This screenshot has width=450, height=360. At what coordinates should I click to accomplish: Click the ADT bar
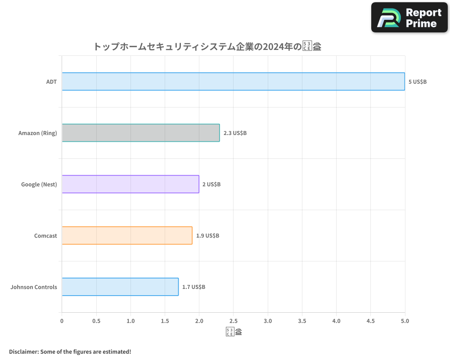click(x=233, y=81)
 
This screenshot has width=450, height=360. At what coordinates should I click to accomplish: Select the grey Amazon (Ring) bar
click(x=141, y=133)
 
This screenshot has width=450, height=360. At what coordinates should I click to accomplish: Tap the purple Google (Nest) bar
click(x=130, y=184)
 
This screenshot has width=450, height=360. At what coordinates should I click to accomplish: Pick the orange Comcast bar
click(x=127, y=235)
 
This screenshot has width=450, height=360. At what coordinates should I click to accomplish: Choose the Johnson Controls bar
click(x=120, y=287)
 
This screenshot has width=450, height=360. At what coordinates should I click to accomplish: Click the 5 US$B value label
click(x=418, y=82)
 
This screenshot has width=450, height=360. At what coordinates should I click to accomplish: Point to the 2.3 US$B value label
click(x=235, y=133)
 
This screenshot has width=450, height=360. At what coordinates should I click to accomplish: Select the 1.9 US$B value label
click(x=207, y=236)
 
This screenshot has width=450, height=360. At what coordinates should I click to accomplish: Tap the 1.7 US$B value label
click(x=193, y=287)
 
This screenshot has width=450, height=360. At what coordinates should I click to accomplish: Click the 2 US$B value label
click(x=211, y=184)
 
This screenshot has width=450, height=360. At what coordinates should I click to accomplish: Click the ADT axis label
click(x=51, y=82)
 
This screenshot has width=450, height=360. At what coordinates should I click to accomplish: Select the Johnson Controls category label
click(x=34, y=287)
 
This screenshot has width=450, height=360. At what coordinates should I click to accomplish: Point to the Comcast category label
click(x=45, y=236)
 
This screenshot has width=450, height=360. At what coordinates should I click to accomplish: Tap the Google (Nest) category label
click(x=39, y=184)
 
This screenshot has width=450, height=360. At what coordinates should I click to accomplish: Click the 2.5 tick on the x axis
click(x=233, y=321)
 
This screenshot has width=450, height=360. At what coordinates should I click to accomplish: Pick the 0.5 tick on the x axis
click(x=96, y=321)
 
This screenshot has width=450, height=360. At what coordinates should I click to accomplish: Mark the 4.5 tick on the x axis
click(x=370, y=321)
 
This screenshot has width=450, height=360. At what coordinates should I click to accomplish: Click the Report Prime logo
click(x=409, y=18)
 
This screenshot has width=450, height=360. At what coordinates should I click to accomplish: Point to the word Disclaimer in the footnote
click(x=23, y=351)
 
